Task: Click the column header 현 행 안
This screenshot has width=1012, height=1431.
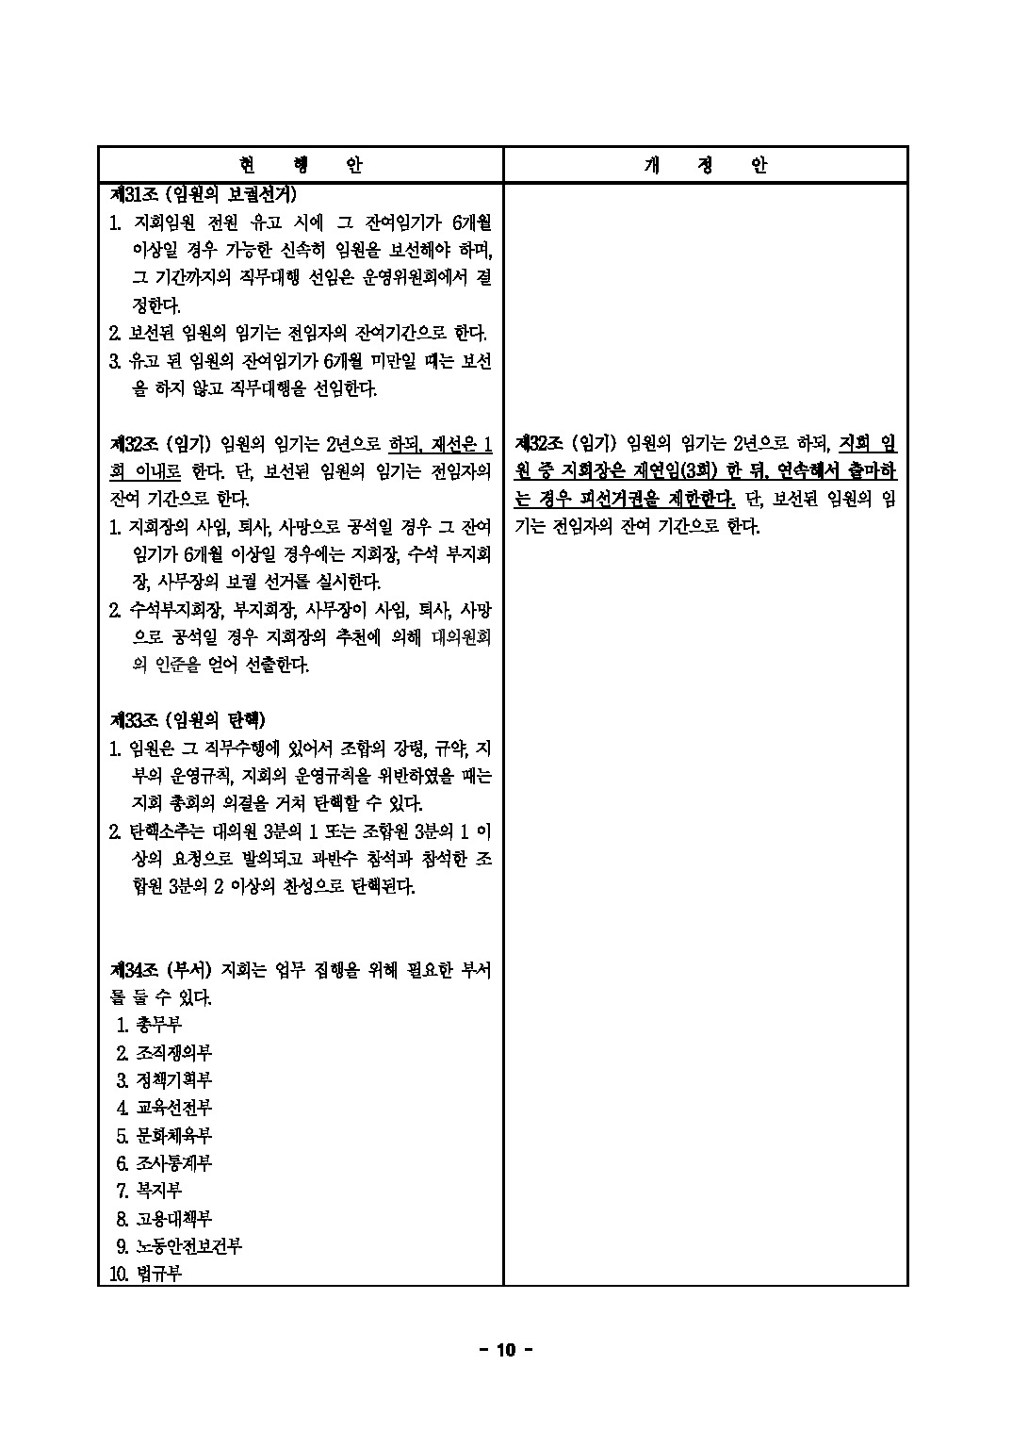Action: coord(300,165)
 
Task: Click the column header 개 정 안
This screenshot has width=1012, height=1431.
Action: coord(706,165)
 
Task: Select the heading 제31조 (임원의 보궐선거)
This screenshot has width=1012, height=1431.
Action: coord(203,195)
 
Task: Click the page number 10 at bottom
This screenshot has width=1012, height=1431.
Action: coord(506,1351)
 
